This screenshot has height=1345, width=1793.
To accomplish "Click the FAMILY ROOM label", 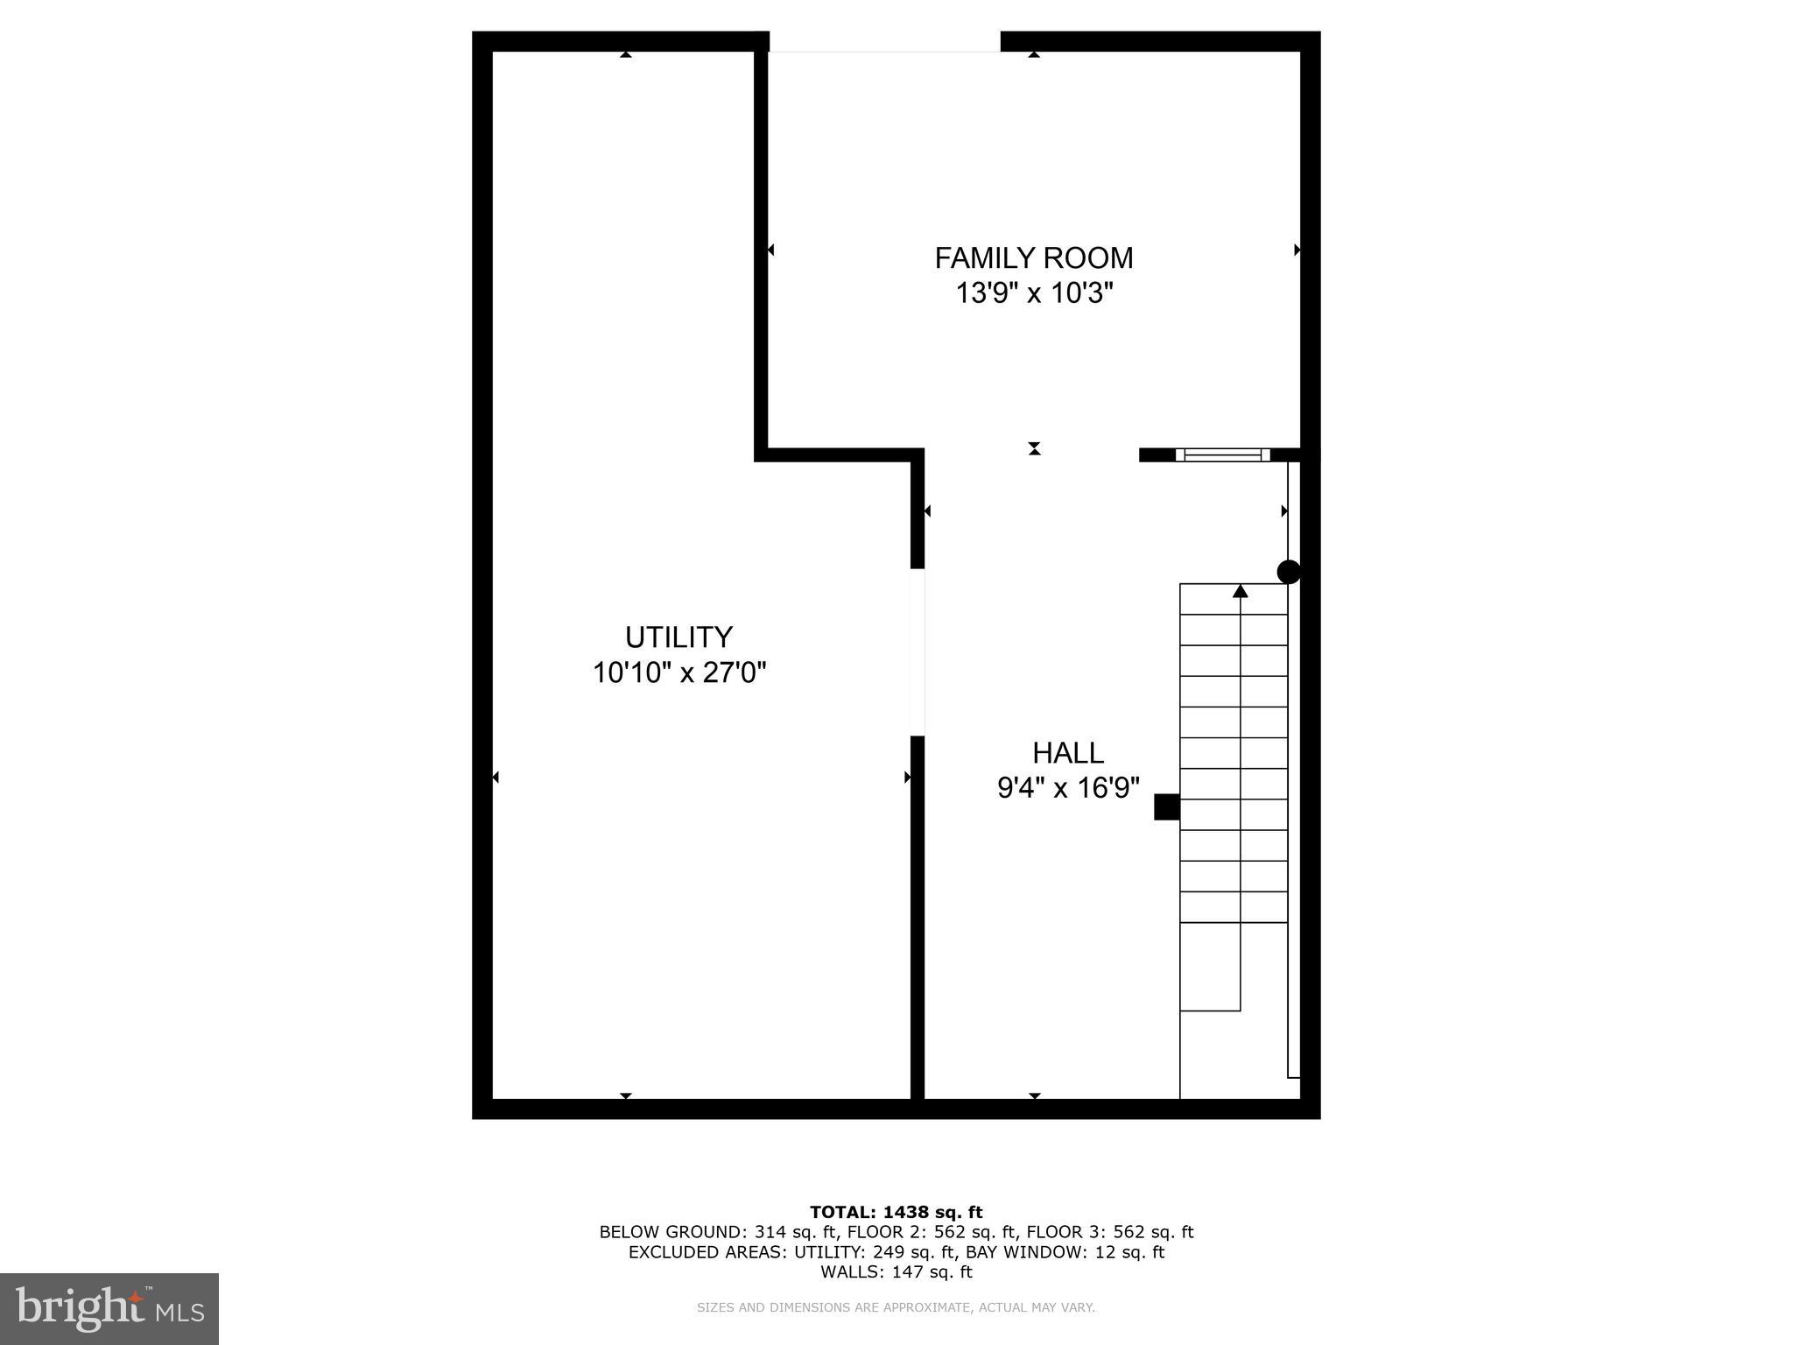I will point(1033,258).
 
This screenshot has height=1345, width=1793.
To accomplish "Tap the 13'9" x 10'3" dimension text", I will point(1033,293).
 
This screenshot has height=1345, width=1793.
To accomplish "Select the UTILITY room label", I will point(679,637).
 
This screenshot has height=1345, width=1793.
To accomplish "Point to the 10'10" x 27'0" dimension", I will point(679,673).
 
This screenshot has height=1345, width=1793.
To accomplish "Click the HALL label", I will point(1067,753).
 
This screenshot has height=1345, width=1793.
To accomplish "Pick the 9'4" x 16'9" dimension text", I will point(1068,789).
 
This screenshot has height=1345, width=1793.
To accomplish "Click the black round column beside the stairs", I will point(1289,572).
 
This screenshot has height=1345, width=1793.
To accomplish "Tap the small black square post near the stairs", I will point(1166,806).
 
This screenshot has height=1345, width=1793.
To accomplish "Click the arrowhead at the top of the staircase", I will point(1240,591).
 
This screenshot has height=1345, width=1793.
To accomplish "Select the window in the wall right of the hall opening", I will point(1222,454).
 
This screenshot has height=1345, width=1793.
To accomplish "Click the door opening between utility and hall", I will point(918,651).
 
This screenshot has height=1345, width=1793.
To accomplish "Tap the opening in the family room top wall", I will point(884,42).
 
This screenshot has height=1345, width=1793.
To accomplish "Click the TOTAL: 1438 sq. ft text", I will point(896,1212).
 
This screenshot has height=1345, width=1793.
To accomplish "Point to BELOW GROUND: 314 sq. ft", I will point(684,1232).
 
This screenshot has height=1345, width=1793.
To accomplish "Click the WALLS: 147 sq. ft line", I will point(896,1272).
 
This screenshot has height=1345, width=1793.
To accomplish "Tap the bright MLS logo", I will point(109,1309).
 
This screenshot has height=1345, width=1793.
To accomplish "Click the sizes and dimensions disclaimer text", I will point(896,1308).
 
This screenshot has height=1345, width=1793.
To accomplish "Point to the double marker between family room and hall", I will point(1034,449).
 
